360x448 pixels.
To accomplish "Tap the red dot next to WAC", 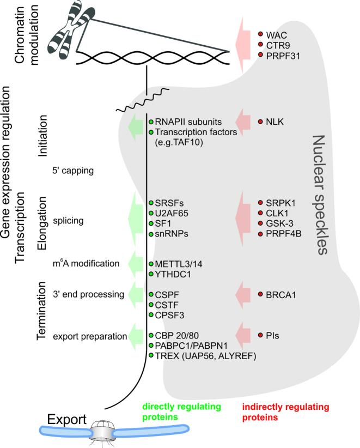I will coord(260,34).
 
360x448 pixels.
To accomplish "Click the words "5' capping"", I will coord(74,171).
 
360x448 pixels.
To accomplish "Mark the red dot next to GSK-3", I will coord(260,223).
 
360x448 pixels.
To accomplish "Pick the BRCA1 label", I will coord(281,295).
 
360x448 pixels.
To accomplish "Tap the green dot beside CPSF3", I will coord(151,314).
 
